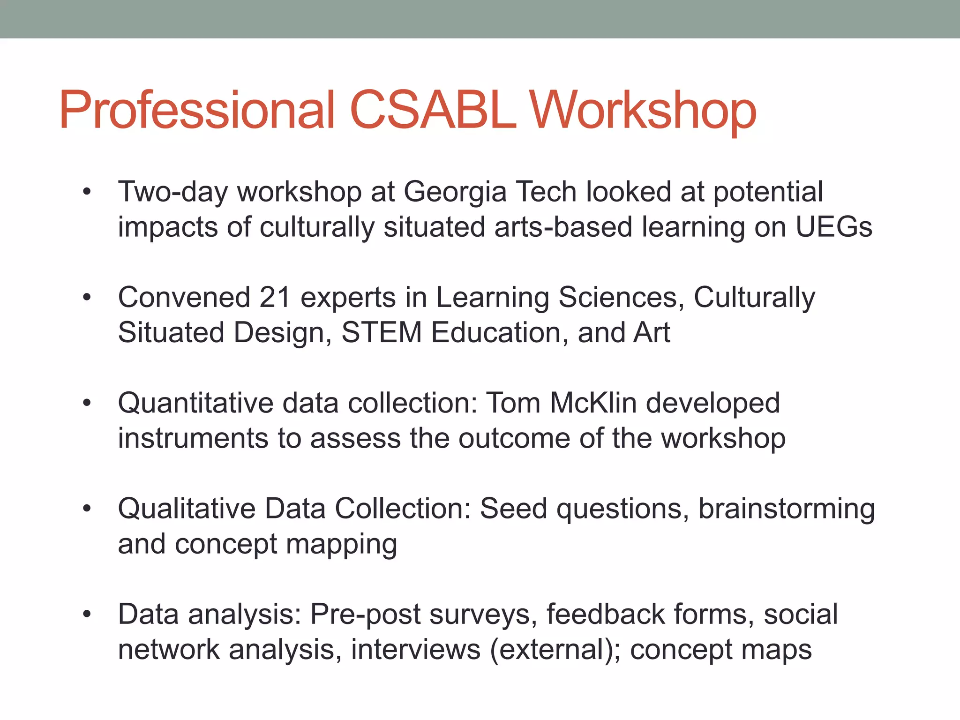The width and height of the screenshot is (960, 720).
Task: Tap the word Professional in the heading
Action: click(197, 111)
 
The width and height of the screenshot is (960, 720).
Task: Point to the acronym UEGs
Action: click(834, 227)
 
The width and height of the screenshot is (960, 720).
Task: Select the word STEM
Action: click(382, 333)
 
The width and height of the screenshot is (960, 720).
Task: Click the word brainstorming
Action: click(786, 510)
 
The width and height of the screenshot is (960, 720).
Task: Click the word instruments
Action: click(193, 439)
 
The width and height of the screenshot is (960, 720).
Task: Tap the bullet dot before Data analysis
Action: click(86, 615)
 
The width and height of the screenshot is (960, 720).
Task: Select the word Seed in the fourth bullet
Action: click(513, 509)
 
